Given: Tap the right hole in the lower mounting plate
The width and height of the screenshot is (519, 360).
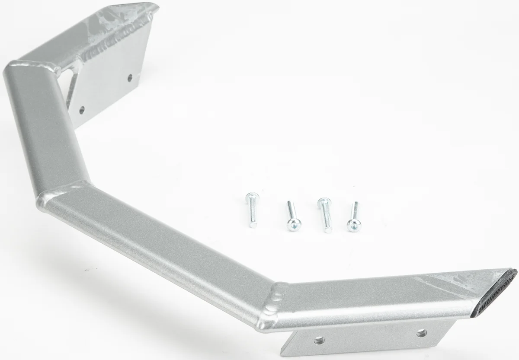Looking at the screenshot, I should [422, 333].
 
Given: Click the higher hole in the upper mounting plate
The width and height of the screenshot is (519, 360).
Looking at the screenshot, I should [130, 78].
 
